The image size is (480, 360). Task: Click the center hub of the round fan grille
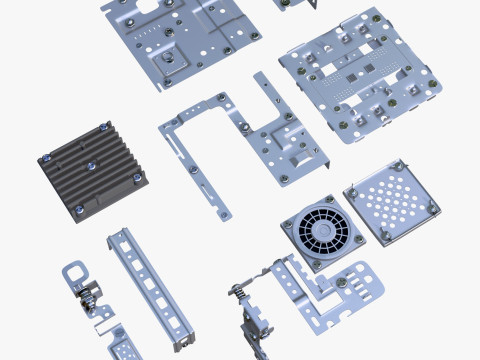[x=321, y=231]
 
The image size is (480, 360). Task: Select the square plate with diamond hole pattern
[x=391, y=200]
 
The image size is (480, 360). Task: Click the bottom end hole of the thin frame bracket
[x=224, y=212]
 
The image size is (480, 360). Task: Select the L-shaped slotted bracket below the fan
[x=340, y=294]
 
